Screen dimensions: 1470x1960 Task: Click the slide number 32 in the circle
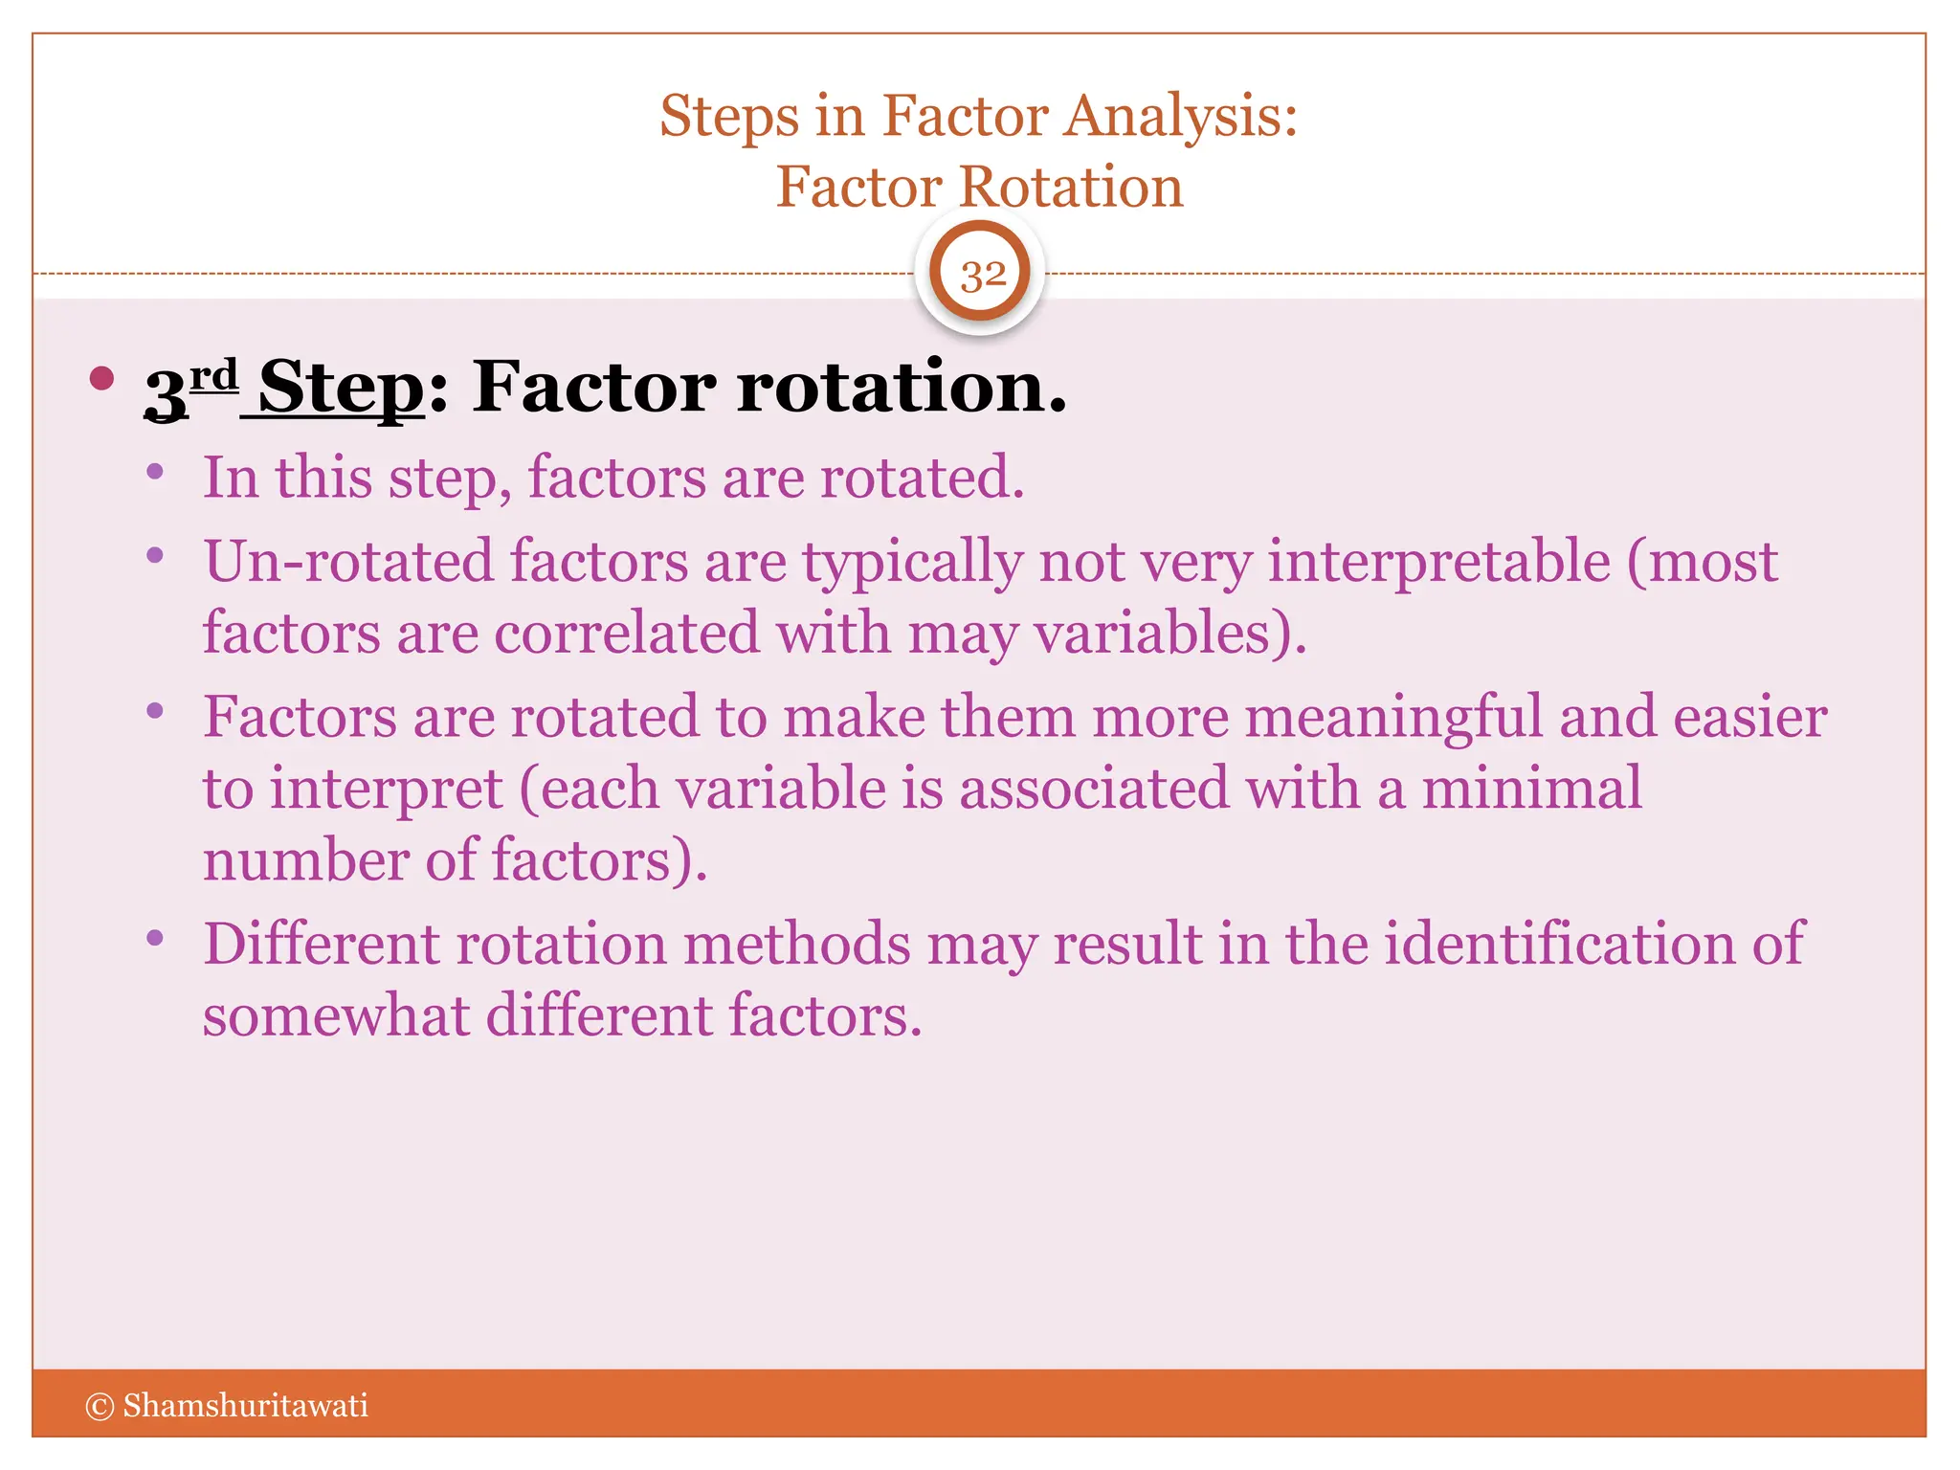coord(983,276)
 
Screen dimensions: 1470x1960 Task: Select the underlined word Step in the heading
coord(341,388)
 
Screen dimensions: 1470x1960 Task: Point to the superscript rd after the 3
coord(212,375)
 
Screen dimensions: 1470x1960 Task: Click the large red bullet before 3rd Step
coord(101,378)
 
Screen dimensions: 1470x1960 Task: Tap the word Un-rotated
coord(348,562)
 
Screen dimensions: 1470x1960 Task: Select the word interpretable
coord(1438,562)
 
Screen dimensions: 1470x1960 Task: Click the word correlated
coord(626,634)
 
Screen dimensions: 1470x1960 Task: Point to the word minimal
coord(1531,789)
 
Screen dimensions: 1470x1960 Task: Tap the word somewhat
coord(335,1015)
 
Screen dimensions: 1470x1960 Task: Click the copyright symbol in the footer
coord(100,1406)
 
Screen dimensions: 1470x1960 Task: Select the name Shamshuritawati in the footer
coord(245,1406)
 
